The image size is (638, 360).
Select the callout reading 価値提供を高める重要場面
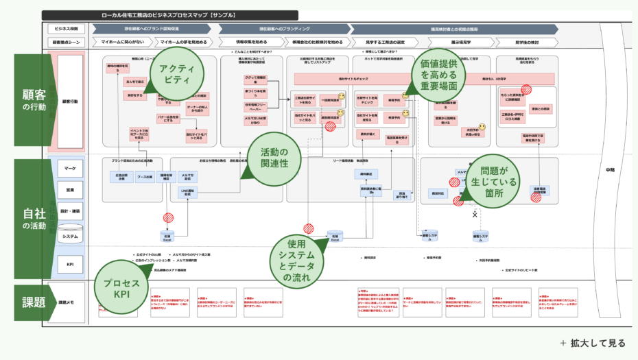(438, 75)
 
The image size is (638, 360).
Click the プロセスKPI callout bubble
(121, 289)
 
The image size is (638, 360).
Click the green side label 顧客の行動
(34, 101)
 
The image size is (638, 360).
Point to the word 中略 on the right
(610, 169)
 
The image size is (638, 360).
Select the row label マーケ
(70, 168)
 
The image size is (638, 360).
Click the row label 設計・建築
(70, 211)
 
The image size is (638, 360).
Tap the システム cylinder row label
(70, 236)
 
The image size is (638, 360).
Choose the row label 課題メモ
(70, 302)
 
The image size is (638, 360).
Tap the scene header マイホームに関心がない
(123, 42)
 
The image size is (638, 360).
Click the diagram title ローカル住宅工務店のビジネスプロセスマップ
(169, 14)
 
